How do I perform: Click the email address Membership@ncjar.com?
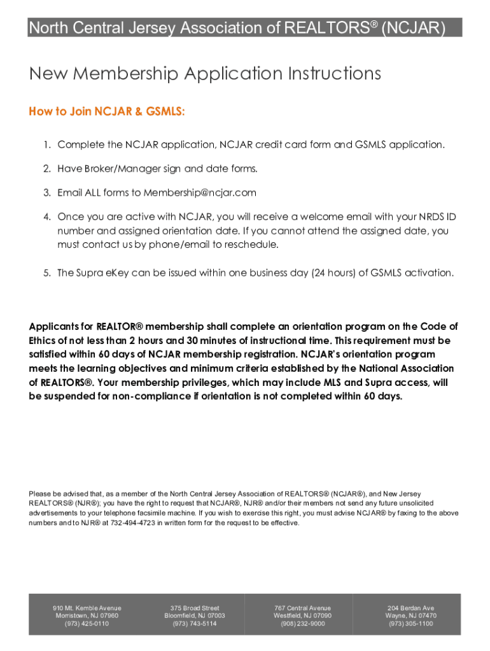(200, 193)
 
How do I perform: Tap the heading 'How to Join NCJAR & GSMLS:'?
(107, 112)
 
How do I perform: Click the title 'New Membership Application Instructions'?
(205, 74)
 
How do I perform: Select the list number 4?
(47, 217)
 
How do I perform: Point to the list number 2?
(47, 168)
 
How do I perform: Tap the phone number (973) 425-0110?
(87, 624)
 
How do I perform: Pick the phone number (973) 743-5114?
(195, 624)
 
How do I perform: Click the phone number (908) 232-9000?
(303, 624)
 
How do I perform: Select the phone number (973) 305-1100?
(410, 624)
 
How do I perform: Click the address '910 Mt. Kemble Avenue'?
(87, 608)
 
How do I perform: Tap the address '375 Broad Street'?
(195, 608)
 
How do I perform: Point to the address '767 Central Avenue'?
(303, 608)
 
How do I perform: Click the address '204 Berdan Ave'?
(410, 608)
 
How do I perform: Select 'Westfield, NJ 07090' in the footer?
(303, 616)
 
